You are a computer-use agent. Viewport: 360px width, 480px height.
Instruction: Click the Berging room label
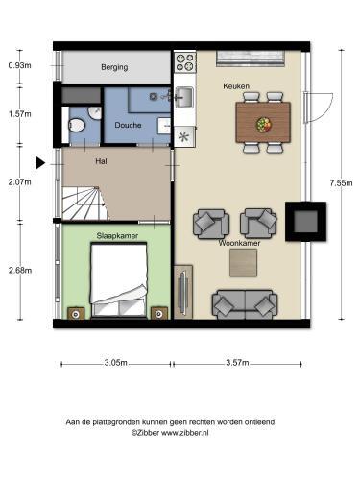pos(114,67)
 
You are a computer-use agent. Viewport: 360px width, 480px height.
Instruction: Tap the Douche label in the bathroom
pos(128,125)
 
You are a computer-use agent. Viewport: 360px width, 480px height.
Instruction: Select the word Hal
pos(101,161)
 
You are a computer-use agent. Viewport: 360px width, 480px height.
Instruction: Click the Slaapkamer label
pos(117,236)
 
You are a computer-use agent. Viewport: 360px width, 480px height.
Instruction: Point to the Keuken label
pos(236,86)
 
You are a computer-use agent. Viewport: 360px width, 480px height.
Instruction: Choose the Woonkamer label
pos(239,243)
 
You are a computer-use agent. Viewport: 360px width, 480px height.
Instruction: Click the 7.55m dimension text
pos(341,183)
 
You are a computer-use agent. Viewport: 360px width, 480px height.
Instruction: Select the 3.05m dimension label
pos(116,363)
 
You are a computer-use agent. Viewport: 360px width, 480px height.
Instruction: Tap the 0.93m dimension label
pos(20,65)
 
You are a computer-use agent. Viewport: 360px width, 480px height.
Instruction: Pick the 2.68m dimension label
pos(20,270)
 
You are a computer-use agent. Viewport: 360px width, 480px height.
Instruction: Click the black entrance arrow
pos(39,163)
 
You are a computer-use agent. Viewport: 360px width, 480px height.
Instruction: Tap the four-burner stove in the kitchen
pos(185,62)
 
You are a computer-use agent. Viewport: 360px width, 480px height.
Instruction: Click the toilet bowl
pos(77,125)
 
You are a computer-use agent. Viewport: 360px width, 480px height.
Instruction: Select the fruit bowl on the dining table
pos(264,124)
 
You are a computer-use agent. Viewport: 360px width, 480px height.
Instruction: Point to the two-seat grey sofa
pos(245,304)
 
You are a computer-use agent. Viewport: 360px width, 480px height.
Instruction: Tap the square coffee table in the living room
pos(243,263)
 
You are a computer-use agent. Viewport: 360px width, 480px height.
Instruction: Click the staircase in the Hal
pos(84,204)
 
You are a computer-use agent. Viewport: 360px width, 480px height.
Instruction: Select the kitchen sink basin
pos(185,97)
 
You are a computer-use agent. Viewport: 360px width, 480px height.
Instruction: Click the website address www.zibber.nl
pos(184,433)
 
